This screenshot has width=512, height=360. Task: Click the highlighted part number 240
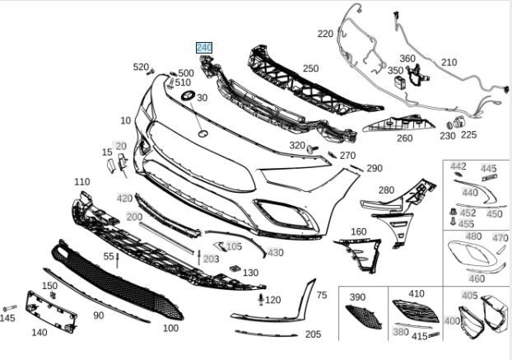[x=203, y=48]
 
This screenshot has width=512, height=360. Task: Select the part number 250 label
[x=310, y=68]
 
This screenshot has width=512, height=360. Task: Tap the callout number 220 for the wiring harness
[x=325, y=34]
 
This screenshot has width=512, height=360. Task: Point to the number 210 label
[x=449, y=63]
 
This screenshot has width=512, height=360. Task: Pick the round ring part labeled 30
[x=187, y=98]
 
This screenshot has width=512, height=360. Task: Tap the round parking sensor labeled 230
[x=449, y=122]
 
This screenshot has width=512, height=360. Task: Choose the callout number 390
[x=357, y=297]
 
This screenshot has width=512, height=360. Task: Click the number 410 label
[x=417, y=293]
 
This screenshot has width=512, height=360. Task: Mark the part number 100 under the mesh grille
[x=170, y=328]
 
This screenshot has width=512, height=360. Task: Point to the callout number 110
[x=81, y=181]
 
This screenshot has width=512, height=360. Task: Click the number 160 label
[x=359, y=232]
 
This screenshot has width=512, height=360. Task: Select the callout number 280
[x=386, y=190]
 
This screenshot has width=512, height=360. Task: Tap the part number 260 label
[x=404, y=138]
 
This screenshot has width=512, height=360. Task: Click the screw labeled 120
[x=262, y=298]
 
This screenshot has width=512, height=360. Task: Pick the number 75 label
[x=322, y=294]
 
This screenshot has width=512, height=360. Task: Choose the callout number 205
[x=313, y=334]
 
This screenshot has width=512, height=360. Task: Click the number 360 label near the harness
[x=407, y=58]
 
